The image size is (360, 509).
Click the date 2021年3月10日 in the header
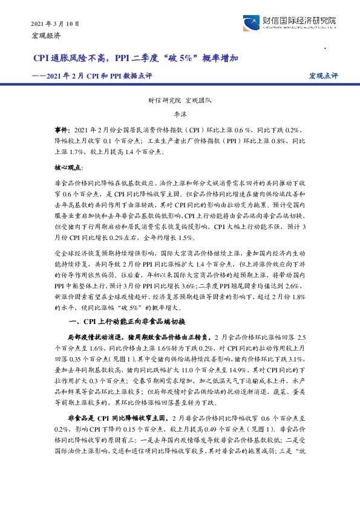pos(54,24)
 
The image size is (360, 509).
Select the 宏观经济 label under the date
pos(45,36)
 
